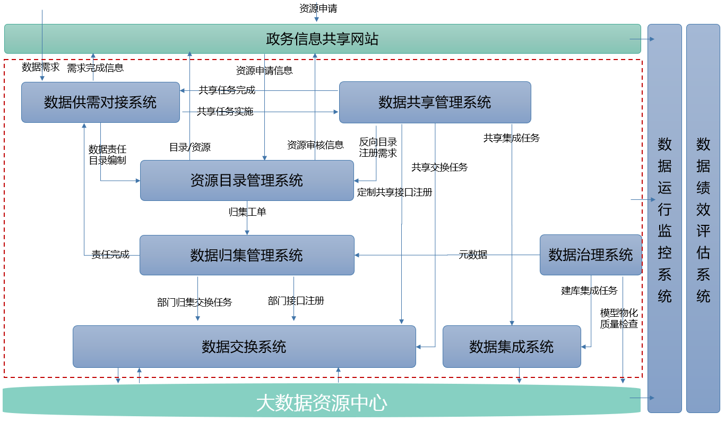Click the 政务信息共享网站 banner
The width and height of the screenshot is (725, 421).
322,39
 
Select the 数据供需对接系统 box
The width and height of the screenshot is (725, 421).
100,102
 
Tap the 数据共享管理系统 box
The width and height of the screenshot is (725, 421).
435,102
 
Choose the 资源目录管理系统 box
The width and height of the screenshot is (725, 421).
247,180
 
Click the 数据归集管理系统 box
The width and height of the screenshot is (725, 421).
247,255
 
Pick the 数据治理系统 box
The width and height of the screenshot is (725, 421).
591,255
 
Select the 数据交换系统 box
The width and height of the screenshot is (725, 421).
244,347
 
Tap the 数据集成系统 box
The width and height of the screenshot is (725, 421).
512,347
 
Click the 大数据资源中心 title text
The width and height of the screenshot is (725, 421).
322,403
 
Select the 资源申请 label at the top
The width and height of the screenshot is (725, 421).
318,9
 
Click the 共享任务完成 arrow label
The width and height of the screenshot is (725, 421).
227,90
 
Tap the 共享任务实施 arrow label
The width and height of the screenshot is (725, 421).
225,112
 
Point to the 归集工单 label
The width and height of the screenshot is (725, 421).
247,212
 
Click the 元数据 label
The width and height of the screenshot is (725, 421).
473,255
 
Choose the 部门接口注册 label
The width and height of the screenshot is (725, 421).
296,301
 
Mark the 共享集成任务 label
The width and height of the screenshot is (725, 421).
511,138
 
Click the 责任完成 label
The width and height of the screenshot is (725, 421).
110,255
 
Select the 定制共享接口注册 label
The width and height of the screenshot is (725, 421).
394,192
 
